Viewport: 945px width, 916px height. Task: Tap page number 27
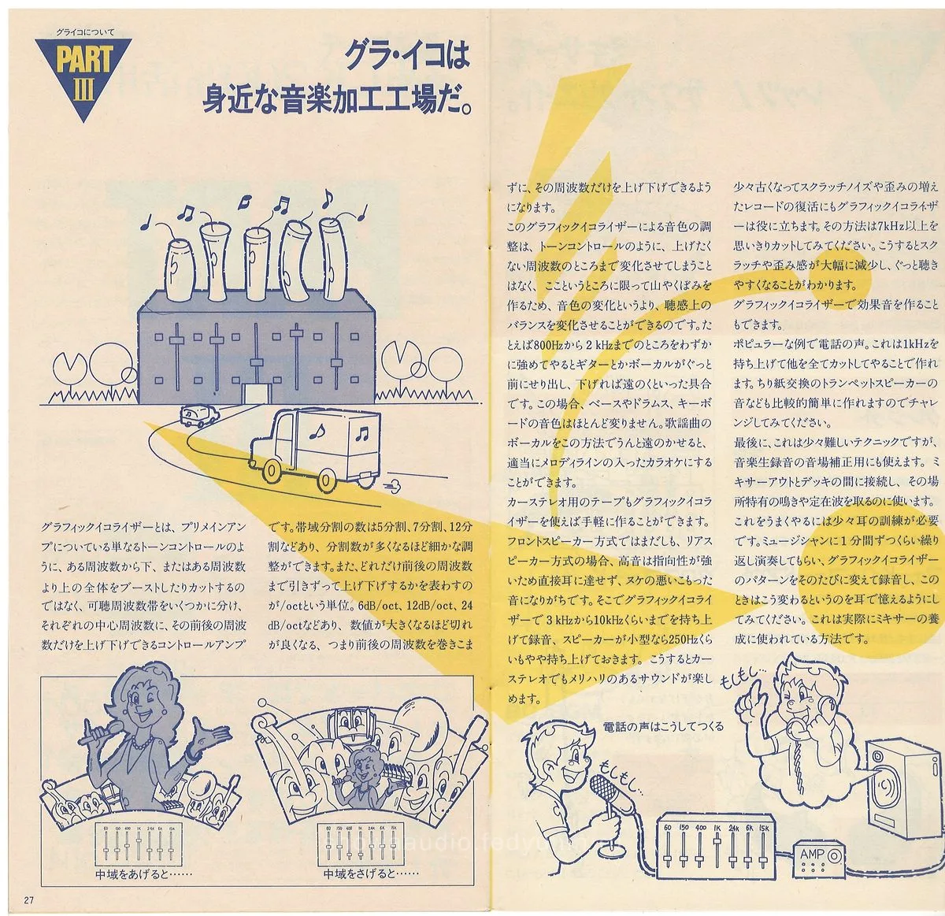point(29,900)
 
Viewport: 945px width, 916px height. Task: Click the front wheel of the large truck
point(272,471)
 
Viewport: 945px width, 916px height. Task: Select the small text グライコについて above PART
point(85,32)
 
